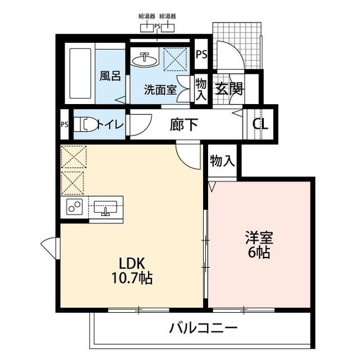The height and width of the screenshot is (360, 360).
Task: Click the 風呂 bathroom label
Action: pyautogui.click(x=110, y=75)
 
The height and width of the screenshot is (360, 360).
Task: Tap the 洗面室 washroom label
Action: pyautogui.click(x=160, y=89)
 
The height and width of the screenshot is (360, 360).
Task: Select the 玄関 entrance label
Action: pyautogui.click(x=228, y=89)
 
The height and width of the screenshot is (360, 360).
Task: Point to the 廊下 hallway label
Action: pyautogui.click(x=183, y=124)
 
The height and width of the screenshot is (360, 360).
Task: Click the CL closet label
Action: pyautogui.click(x=260, y=124)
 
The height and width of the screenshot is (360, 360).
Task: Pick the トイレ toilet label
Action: pyautogui.click(x=109, y=124)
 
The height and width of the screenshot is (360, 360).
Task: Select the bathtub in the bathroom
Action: pyautogui.click(x=79, y=75)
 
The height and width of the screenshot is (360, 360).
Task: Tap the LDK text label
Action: pyautogui.click(x=132, y=263)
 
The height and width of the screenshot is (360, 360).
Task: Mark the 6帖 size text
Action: pyautogui.click(x=259, y=253)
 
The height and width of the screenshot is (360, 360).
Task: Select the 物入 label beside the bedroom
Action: pyautogui.click(x=222, y=161)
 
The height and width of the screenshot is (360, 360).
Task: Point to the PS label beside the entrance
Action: pyautogui.click(x=201, y=54)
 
